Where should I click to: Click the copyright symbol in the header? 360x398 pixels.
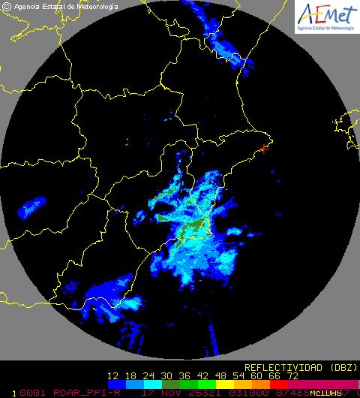tap(7, 6)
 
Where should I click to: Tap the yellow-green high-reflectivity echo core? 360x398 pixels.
tap(196, 228)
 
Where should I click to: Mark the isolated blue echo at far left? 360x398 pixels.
tap(31, 205)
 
